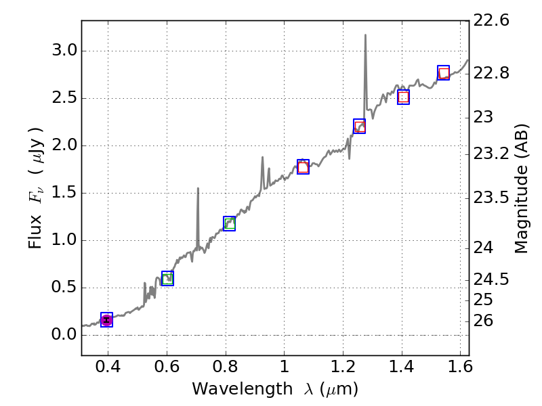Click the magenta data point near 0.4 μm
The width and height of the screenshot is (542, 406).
pos(106,320)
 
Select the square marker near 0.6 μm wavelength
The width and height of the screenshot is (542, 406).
pos(167,278)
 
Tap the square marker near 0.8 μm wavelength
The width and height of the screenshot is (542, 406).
pos(229,224)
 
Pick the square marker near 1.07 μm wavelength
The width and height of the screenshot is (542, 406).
pos(303,167)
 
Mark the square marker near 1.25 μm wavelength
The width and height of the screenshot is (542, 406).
pos(360,127)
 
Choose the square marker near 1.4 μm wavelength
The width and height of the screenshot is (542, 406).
pos(403,97)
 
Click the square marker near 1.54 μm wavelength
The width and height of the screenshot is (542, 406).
pos(443,73)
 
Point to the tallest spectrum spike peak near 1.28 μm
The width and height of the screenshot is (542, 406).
pos(365,35)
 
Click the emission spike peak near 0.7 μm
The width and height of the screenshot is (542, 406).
pos(198,189)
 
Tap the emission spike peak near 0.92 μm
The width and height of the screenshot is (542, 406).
pos(262,157)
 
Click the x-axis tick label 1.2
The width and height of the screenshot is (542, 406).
pos(343,369)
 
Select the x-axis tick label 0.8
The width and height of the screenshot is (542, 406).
pos(226,369)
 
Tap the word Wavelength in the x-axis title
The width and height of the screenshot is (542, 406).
pos(230,389)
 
